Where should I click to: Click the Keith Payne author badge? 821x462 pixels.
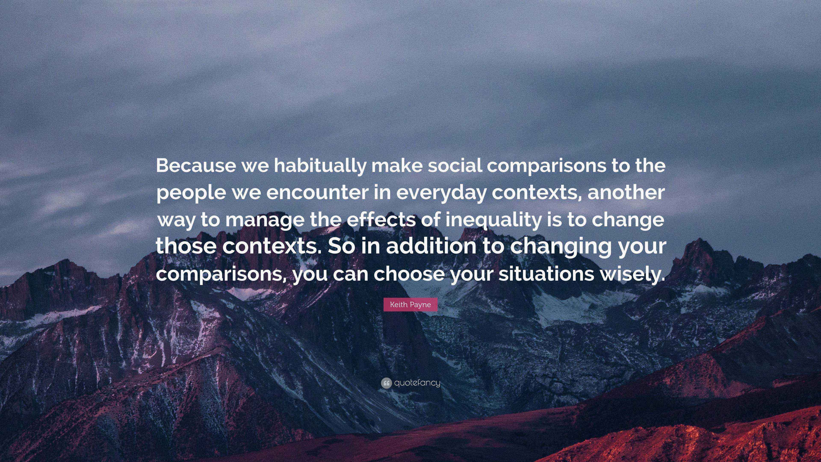410,305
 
